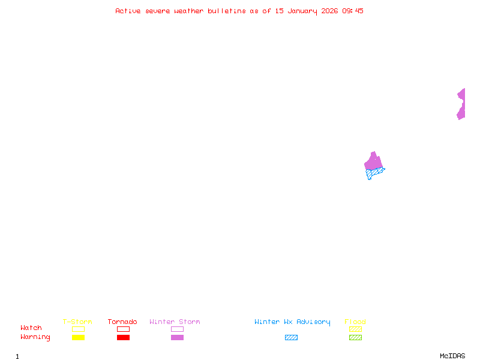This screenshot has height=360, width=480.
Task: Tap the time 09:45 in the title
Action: [353, 11]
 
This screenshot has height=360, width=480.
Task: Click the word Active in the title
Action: [128, 11]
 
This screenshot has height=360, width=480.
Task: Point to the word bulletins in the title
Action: [227, 11]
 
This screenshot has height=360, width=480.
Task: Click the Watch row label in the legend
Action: [31, 328]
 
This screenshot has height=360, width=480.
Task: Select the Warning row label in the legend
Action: [35, 337]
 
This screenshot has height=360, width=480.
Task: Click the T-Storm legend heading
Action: [77, 322]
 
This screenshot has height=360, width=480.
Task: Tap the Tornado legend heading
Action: [122, 322]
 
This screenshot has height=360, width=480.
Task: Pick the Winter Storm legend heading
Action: [175, 322]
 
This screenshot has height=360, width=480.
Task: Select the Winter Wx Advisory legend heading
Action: [292, 322]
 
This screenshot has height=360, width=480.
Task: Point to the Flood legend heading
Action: [355, 322]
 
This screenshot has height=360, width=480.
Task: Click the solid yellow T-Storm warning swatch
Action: [78, 337]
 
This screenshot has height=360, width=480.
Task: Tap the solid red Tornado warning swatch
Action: [123, 337]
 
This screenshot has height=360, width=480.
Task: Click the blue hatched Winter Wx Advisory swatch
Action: [291, 337]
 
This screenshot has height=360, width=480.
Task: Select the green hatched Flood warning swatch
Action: [355, 337]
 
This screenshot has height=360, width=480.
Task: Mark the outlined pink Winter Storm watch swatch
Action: [177, 329]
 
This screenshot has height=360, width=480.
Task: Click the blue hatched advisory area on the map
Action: [374, 173]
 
